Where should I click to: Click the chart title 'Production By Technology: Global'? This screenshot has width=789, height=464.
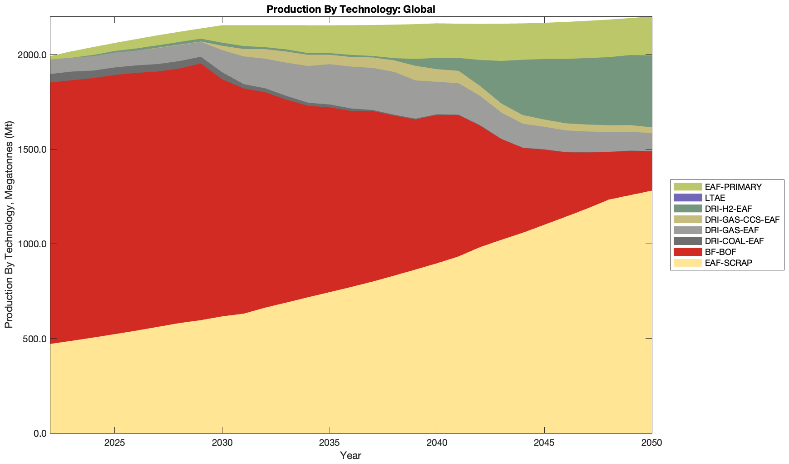351,9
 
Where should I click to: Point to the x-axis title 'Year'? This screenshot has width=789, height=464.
350,455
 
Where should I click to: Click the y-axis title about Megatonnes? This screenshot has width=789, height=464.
9,225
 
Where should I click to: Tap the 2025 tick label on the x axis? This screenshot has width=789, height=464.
114,444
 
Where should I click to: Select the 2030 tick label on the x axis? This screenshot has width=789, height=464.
222,444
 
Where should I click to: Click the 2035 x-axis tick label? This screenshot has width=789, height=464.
329,444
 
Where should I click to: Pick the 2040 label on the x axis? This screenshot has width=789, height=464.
436,444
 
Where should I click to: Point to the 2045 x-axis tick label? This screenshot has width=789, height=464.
544,444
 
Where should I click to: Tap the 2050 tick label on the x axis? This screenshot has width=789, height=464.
651,444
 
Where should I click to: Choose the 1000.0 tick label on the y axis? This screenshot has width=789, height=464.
32,244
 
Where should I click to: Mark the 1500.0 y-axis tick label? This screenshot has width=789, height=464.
32,150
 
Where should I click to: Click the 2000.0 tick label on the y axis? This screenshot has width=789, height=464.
32,55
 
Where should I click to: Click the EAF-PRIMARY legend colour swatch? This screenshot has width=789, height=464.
688,187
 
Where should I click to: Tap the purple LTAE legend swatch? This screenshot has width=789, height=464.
688,198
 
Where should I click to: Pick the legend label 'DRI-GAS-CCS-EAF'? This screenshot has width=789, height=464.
742,220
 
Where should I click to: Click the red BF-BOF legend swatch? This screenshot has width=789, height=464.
688,252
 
